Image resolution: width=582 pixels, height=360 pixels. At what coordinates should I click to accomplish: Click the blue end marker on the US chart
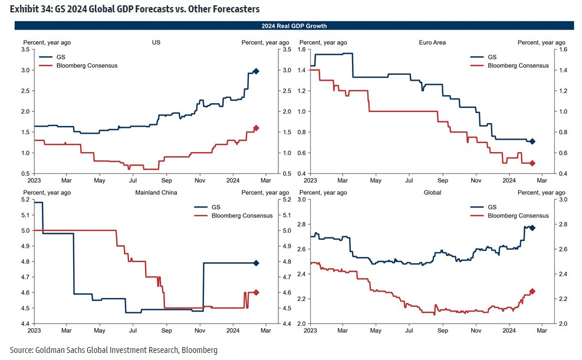click(x=256, y=71)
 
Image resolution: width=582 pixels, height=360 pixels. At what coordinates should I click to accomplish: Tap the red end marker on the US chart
click(x=256, y=128)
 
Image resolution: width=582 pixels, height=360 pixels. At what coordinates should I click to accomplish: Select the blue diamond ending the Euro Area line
click(x=532, y=141)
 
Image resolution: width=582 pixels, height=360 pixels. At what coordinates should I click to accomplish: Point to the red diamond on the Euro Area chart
click(x=532, y=163)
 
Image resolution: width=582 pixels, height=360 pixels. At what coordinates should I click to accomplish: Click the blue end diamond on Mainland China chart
click(x=256, y=263)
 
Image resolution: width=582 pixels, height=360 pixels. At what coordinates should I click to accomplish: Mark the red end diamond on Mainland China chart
click(x=256, y=292)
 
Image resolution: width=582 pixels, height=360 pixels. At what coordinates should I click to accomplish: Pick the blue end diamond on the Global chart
click(x=532, y=228)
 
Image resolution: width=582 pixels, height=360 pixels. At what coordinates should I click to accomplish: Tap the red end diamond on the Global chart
click(x=532, y=291)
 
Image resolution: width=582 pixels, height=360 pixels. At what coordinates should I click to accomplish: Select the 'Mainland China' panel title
click(x=156, y=193)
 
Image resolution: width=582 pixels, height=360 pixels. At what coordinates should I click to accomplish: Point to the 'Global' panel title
click(x=432, y=193)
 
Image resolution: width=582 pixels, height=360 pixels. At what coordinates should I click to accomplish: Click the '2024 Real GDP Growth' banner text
click(x=294, y=26)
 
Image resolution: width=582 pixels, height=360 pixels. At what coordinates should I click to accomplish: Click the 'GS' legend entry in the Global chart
click(x=492, y=207)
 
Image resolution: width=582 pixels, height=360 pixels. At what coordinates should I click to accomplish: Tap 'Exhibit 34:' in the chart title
click(x=29, y=9)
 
